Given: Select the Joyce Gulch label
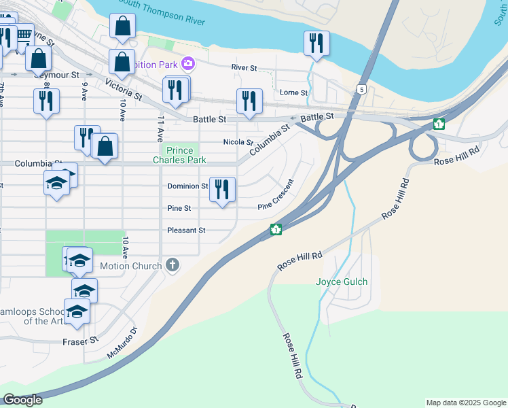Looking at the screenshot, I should click(342, 282).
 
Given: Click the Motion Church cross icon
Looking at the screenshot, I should click(173, 265).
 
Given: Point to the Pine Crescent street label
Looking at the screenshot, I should click(276, 195).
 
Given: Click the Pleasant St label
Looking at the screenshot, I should click(186, 231).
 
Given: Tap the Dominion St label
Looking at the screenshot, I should click(187, 186).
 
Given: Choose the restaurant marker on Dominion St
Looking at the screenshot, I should click(222, 189).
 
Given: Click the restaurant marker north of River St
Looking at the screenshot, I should click(316, 43).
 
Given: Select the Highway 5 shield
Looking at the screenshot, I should click(362, 89).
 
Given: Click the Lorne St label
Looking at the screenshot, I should click(293, 92).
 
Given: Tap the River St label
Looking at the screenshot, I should click(244, 68).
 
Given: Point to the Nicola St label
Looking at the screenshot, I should click(238, 142).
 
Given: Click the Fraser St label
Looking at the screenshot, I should click(81, 341).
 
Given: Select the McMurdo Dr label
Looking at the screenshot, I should click(122, 343).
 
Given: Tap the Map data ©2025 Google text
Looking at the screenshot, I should click(465, 403).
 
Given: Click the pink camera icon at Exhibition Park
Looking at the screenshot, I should click(187, 65).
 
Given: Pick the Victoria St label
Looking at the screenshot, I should click(124, 89).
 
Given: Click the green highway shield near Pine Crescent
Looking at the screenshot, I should click(276, 230).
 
